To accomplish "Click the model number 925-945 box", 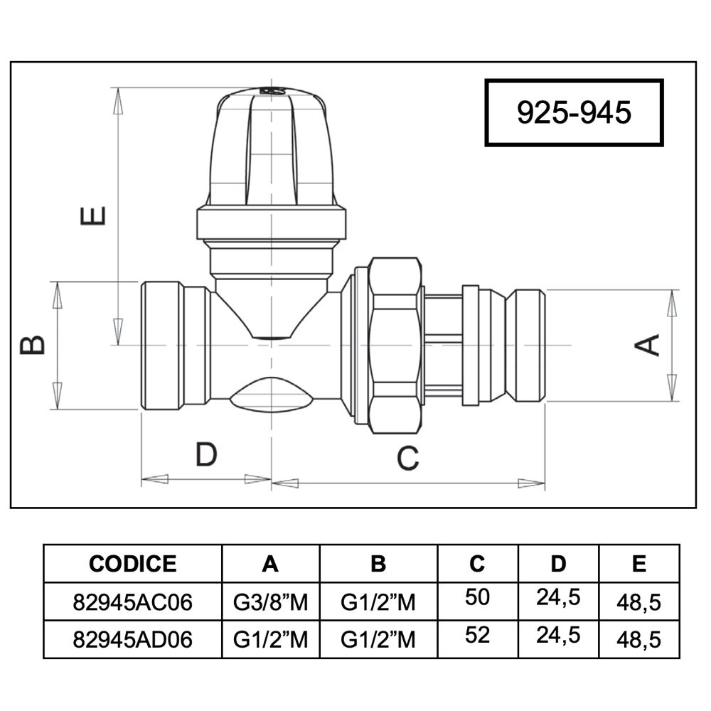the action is [574, 113].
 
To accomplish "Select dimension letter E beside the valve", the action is [93, 216].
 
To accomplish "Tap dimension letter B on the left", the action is [32, 345].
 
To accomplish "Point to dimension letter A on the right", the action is [646, 345].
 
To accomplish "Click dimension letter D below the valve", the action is [206, 454].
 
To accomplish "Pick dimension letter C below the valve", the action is [407, 458].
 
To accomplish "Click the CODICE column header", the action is [132, 564].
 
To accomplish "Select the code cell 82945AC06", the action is [132, 603].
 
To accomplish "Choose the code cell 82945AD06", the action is [132, 640].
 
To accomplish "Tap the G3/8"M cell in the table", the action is [270, 603].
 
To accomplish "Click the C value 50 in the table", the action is [477, 597].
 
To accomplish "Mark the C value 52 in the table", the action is [477, 635].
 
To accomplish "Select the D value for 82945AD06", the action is [558, 636].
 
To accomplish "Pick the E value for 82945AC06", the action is [639, 603].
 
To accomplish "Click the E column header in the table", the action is [639, 564].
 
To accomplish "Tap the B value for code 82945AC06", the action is [378, 603].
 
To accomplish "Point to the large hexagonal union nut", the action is [394, 346].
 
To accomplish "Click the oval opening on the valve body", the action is [271, 395].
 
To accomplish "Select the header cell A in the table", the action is [270, 564].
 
